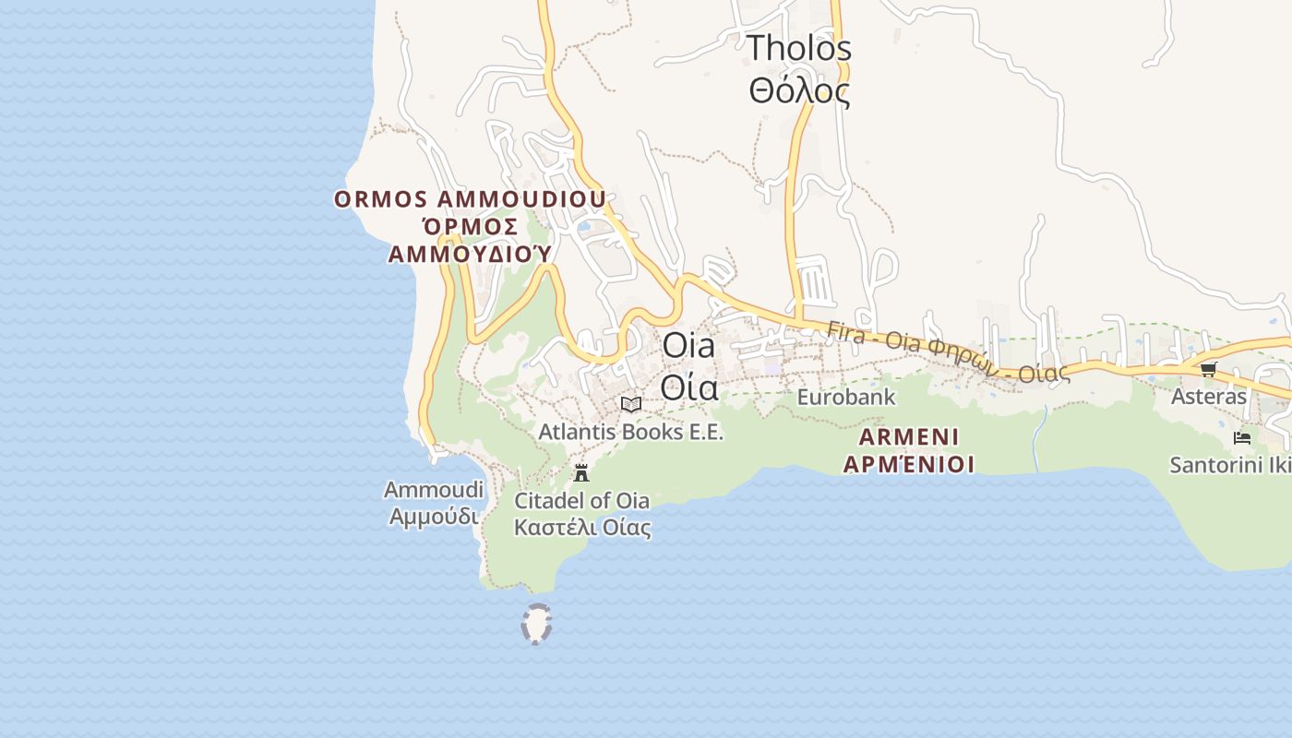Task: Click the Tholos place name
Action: point(798,48)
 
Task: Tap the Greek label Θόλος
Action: point(798,91)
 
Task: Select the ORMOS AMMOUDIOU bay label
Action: point(470,199)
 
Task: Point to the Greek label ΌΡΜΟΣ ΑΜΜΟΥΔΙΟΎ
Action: point(471,239)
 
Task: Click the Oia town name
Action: point(688,346)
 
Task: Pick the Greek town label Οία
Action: point(688,388)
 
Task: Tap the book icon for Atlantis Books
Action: point(631,404)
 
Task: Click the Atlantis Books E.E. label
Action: point(630,432)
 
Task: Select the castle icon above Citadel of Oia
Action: point(581,473)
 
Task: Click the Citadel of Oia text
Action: point(581,501)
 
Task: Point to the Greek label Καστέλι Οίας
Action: point(582,528)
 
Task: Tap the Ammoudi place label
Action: point(434,490)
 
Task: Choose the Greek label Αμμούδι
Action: point(434,516)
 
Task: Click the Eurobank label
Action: point(846,398)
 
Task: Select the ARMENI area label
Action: point(909,436)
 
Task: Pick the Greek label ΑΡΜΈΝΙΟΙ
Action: point(909,463)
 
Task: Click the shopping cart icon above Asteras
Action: point(1208,370)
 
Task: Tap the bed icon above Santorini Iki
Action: point(1242,437)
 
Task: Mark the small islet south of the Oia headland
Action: point(536,624)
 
